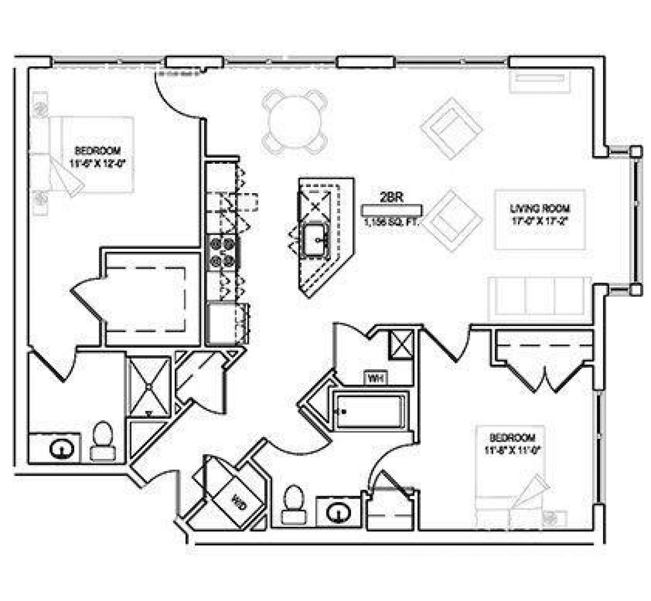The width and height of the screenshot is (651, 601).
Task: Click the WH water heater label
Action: coord(375,378)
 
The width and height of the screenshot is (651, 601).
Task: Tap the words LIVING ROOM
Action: coord(540,208)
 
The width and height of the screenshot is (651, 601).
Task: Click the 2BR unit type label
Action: coord(391,198)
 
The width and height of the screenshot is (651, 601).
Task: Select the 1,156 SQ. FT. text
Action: coord(392,221)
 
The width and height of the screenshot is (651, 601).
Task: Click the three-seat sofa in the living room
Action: coord(540,296)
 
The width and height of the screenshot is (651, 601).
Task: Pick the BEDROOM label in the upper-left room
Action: coord(98,150)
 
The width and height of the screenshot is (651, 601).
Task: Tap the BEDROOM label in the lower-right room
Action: coord(513,437)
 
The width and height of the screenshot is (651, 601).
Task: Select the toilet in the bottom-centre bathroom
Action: coord(294,504)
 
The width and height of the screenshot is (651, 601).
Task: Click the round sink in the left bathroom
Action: coord(61,449)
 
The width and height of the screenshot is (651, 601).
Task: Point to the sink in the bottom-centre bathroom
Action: coord(340,512)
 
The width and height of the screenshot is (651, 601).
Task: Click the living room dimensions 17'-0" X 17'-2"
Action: coord(540,220)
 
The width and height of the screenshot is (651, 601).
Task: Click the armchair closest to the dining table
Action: coord(452,128)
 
